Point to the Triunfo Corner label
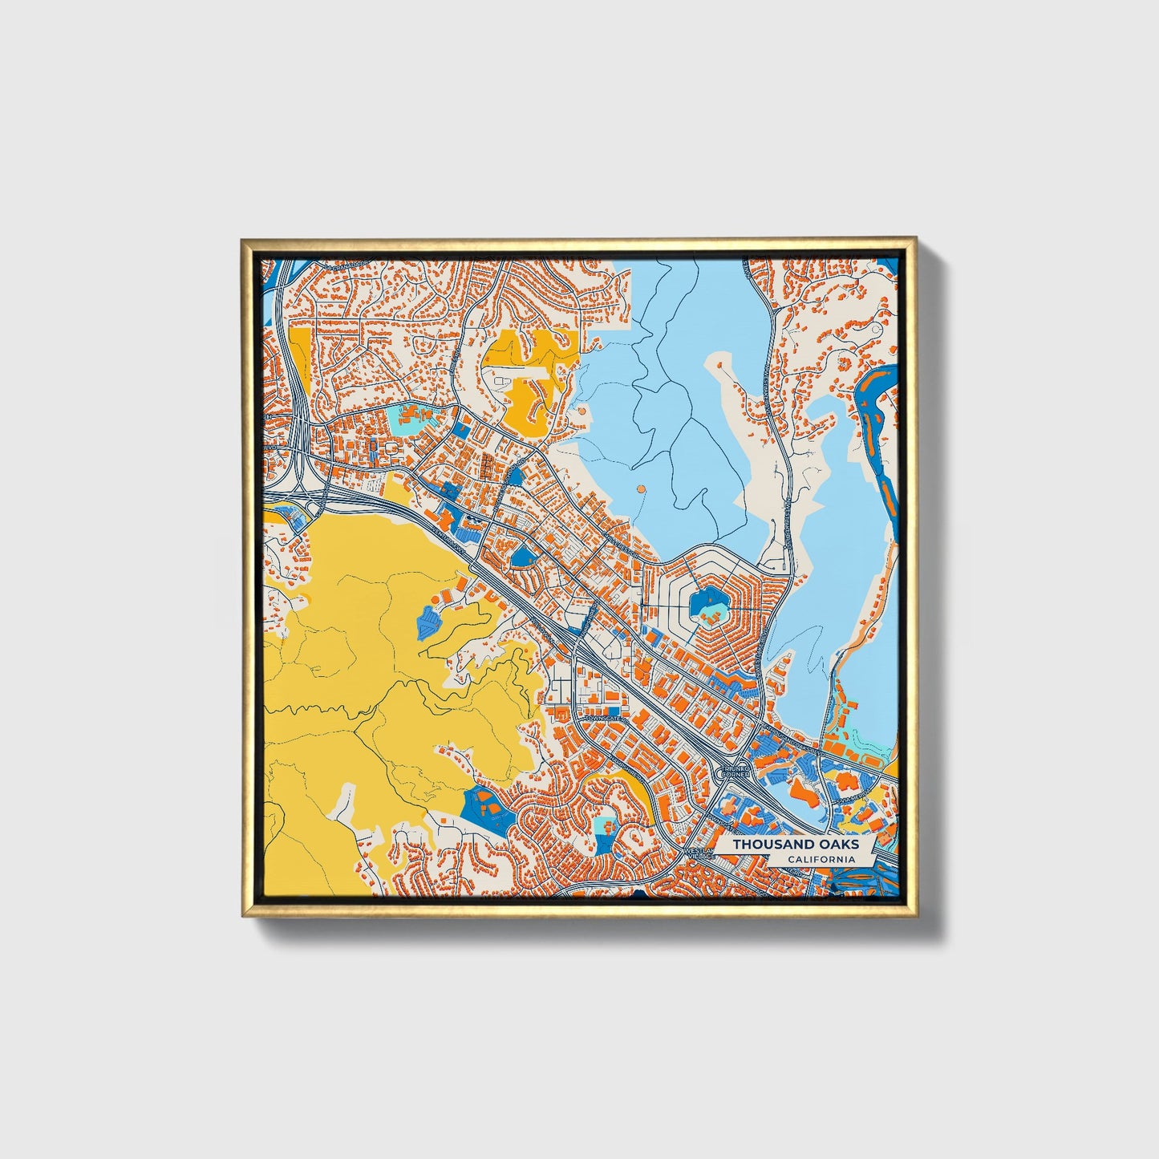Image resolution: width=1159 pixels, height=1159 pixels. [x=736, y=772]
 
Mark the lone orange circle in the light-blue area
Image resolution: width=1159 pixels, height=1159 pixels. [x=639, y=488]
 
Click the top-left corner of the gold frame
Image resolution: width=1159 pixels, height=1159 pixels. [x=243, y=239]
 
